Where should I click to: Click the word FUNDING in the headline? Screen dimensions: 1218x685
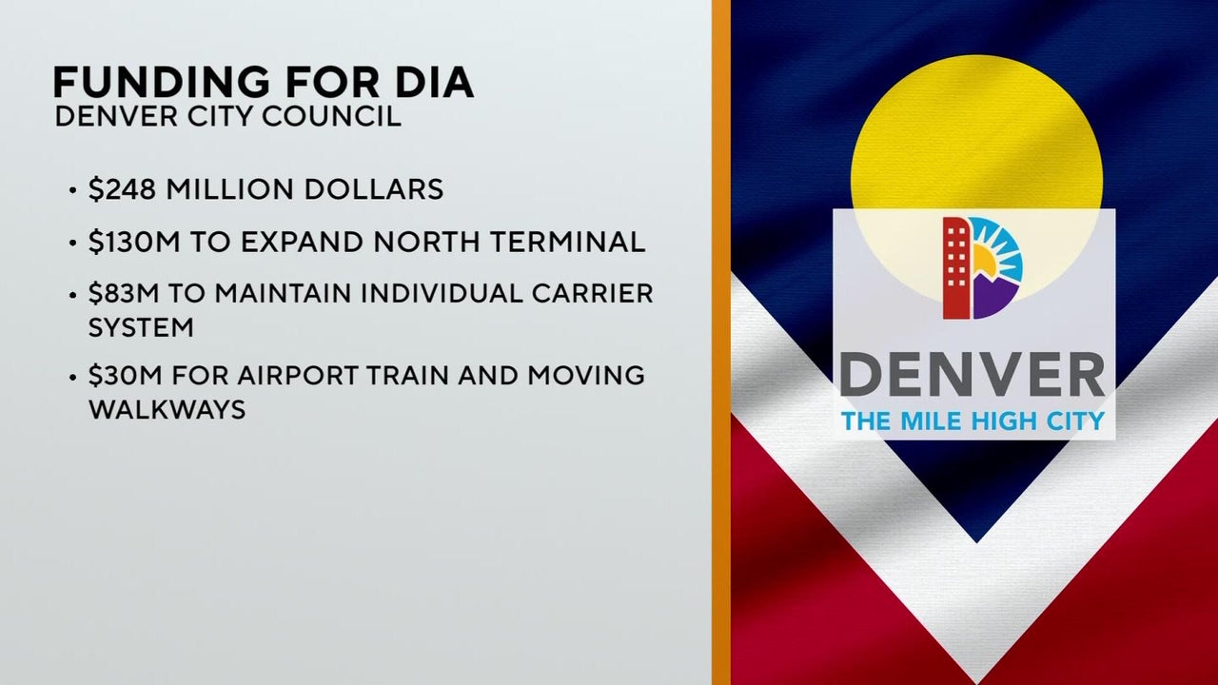[x=161, y=82]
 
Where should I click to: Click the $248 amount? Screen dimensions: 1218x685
[x=123, y=189]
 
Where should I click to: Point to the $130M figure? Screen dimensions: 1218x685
[x=134, y=242]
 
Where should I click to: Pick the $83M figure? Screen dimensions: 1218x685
[x=124, y=294]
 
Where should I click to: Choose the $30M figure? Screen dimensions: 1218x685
[x=125, y=375]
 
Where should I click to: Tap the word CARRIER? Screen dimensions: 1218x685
[x=592, y=294]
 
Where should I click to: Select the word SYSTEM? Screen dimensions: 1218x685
[x=141, y=327]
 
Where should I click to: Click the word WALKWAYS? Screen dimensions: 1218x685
[x=167, y=409]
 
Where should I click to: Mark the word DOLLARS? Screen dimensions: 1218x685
[x=374, y=189]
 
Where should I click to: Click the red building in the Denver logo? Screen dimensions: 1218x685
[x=956, y=267]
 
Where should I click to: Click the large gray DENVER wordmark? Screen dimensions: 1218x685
[x=972, y=375]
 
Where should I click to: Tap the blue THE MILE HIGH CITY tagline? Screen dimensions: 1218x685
[x=972, y=421]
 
